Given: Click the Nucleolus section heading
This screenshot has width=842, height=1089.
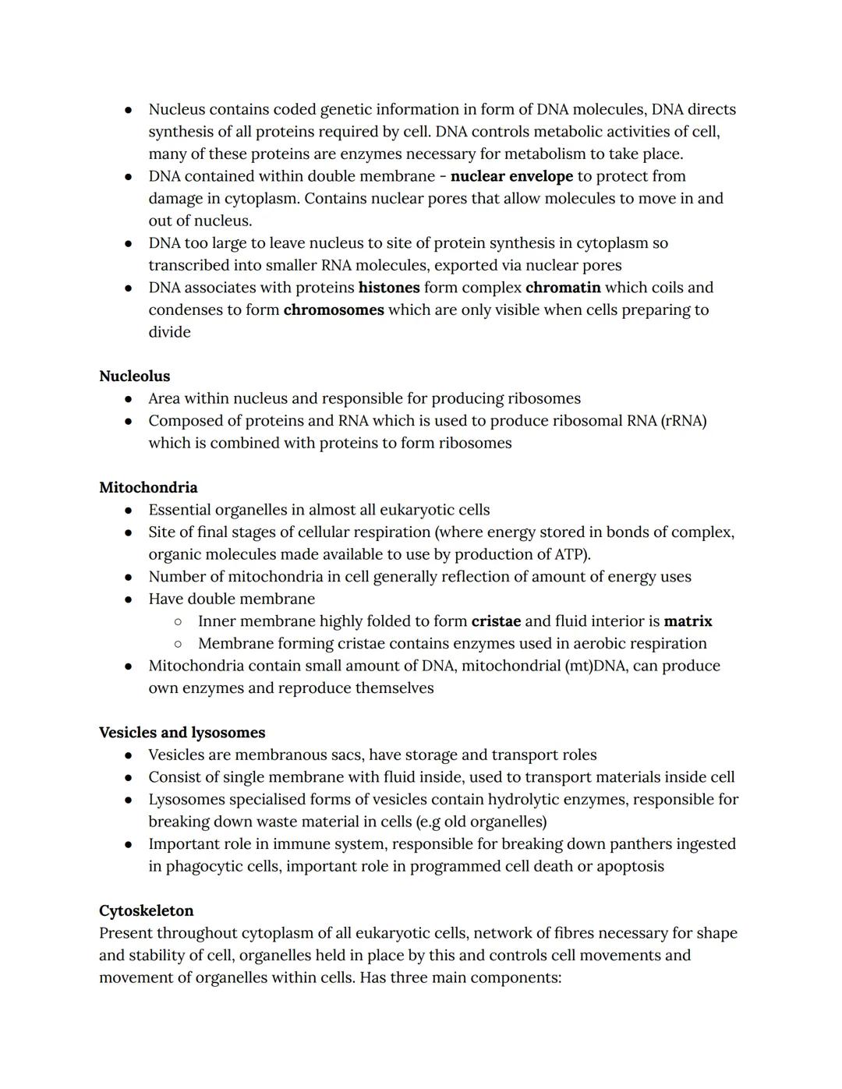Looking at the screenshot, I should point(134,376).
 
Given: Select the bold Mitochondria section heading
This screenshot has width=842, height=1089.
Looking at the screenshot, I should point(148,487).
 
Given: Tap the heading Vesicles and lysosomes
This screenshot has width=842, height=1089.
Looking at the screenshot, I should point(182,732).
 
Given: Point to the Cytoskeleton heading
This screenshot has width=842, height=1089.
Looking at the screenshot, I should point(146,910).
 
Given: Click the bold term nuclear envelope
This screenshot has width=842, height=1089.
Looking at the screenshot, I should point(511,176).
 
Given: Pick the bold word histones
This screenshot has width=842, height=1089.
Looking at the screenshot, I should point(389,288).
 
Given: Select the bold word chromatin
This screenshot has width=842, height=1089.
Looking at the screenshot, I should point(563,288).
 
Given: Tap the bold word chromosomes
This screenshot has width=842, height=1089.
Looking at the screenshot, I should point(334,309).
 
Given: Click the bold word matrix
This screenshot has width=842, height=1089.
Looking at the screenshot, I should point(688,621).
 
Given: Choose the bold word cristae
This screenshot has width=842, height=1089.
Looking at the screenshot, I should point(496,621).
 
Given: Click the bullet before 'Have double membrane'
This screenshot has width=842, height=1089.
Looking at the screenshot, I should point(128,599).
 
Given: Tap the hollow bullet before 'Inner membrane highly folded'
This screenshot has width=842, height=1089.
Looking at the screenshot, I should point(178,622).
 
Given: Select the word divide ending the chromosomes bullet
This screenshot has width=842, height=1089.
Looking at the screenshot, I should point(169,332).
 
